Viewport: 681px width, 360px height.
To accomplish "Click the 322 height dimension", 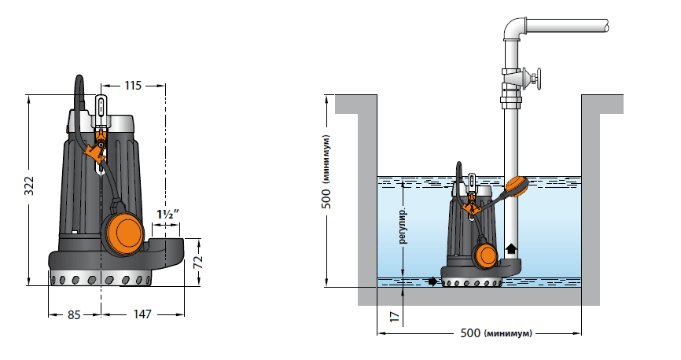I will point(28,186).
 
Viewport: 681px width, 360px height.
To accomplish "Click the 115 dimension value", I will point(132,86).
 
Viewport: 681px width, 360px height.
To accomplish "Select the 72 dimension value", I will point(198,258).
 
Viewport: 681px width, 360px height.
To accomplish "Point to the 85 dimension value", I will point(73,315).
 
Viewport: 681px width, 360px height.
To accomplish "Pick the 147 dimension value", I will point(142,315).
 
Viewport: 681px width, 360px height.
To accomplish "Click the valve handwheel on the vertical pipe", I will point(537,79).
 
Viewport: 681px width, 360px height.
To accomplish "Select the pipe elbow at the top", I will point(514,28).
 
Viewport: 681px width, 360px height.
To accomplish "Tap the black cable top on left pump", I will point(79,82).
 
